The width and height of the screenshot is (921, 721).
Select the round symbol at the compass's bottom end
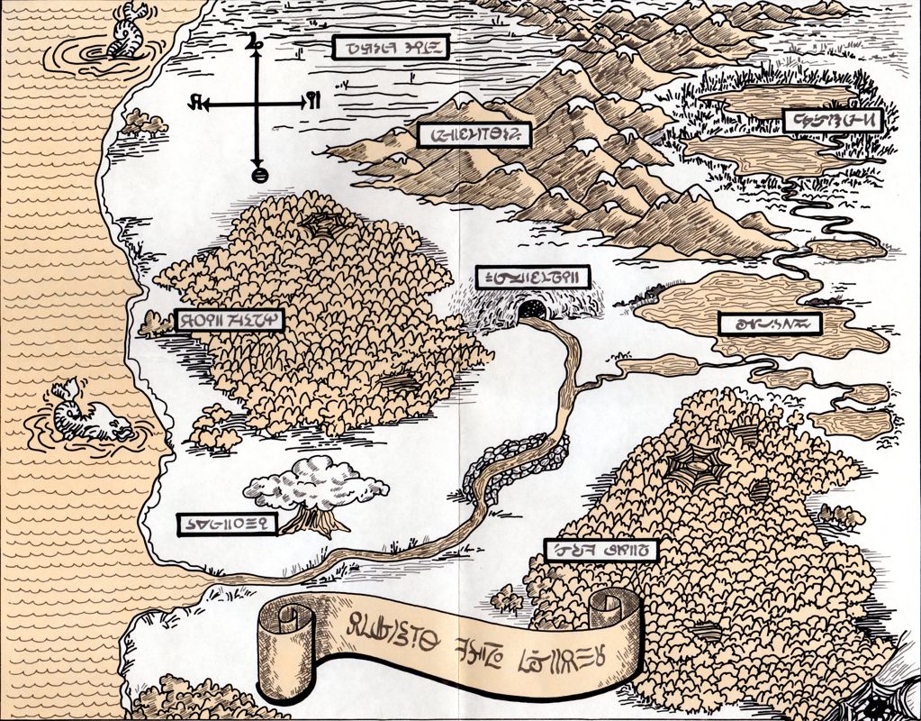tap(258, 174)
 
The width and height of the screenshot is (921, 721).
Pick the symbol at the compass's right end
tap(312, 99)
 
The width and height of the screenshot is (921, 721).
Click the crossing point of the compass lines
tap(258, 104)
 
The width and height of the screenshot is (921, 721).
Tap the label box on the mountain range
tap(476, 135)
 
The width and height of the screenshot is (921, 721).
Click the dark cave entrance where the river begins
tap(533, 311)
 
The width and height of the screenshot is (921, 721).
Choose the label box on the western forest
tap(229, 319)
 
